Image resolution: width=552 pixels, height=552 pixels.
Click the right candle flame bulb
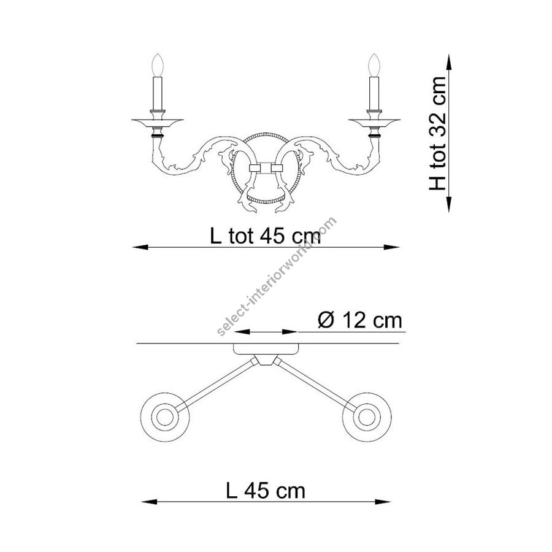point(374,65)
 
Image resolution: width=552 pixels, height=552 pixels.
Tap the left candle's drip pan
point(158,122)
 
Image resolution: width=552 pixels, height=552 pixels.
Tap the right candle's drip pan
point(374,122)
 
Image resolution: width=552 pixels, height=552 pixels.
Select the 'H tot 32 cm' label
point(437,134)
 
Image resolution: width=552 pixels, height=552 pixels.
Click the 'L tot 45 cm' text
point(266,236)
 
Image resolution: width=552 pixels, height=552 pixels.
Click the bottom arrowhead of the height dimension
point(449,204)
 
